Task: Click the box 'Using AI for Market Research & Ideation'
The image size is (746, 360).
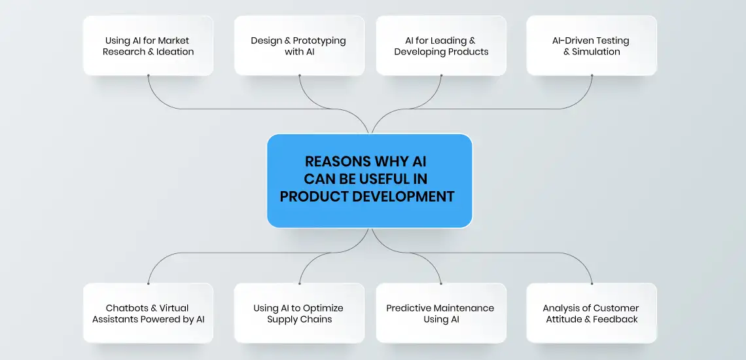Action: point(148,46)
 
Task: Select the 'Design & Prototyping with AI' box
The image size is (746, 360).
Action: point(299,46)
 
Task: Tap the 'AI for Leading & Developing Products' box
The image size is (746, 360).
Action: point(441,46)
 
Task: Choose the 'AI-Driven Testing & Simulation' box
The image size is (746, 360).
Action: point(592,46)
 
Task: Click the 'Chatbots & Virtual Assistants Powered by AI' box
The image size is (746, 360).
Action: point(148,313)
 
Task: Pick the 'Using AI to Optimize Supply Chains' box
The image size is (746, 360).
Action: point(299,313)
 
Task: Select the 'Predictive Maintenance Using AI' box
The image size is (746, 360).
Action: point(441,313)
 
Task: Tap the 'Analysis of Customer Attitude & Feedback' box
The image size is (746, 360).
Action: point(592,313)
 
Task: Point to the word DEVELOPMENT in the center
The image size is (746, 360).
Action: point(400,196)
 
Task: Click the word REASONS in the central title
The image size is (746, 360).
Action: point(338,162)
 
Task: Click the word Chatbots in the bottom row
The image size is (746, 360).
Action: point(125,308)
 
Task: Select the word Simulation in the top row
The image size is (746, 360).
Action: point(596,52)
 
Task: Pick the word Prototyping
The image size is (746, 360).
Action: point(321,41)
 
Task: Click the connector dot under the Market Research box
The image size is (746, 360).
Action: point(148,75)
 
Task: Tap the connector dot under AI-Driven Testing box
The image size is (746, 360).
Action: point(592,75)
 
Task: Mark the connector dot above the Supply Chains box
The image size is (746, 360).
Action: point(299,283)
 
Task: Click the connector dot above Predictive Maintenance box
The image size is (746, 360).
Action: point(441,283)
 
